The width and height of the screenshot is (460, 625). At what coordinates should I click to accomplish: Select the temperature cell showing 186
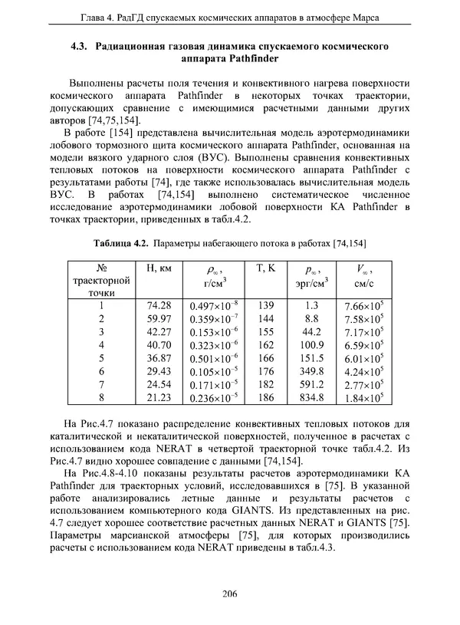pos(265,397)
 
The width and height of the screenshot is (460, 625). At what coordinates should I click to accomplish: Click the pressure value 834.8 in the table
pos(311,397)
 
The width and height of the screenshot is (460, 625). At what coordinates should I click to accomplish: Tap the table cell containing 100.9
pos(311,345)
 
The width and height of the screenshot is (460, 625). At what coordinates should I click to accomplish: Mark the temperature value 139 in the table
pos(265,305)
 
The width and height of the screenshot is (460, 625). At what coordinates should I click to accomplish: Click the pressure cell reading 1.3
pos(311,305)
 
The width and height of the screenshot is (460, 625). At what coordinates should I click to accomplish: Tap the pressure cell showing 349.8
pos(311,371)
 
